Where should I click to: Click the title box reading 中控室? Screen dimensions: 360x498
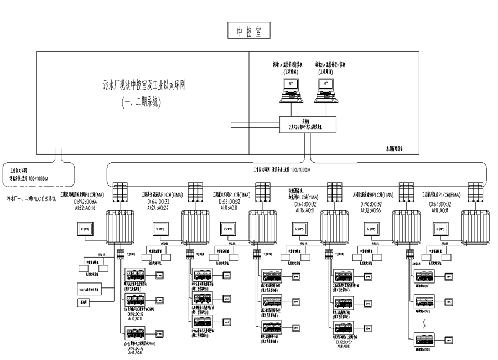click(x=248, y=31)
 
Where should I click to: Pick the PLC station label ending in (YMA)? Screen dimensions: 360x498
click(x=302, y=196)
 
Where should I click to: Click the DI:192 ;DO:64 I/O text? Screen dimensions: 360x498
click(x=84, y=202)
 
